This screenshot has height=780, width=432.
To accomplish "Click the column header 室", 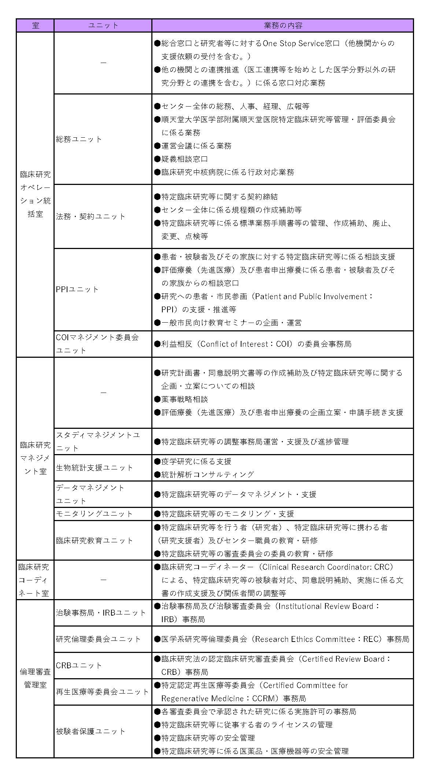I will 35,26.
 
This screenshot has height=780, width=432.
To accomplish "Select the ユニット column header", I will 103,26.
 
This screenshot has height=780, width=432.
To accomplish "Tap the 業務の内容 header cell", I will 283,26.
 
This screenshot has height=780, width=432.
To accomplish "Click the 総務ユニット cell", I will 79,139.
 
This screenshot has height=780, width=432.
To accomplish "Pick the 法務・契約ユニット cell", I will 91,216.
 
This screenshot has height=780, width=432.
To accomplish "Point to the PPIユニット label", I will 77,289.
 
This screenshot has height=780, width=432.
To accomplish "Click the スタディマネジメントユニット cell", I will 98,441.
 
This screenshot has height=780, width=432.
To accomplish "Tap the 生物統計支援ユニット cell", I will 95,468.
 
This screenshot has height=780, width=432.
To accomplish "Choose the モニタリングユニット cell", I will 95,514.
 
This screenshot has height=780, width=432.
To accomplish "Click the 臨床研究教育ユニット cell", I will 95,541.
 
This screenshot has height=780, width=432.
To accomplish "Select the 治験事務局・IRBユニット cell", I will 101,613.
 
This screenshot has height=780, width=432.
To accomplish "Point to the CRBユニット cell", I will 79,665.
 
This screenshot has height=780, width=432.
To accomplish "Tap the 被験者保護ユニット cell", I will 91,731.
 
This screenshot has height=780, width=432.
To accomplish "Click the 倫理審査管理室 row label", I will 35,678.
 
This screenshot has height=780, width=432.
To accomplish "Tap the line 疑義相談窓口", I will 185,159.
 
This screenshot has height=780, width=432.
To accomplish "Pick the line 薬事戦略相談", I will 185,399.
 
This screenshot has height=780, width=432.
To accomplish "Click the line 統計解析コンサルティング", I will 207,475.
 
